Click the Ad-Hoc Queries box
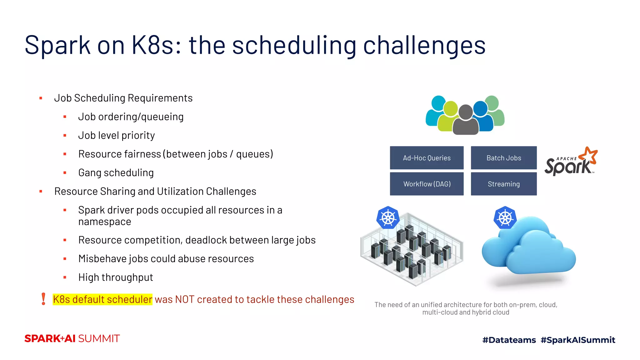pyautogui.click(x=427, y=158)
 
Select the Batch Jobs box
pyautogui.click(x=503, y=158)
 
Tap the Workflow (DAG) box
pyautogui.click(x=427, y=184)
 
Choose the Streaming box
pyautogui.click(x=503, y=184)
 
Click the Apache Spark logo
pyautogui.click(x=571, y=162)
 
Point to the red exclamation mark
pyautogui.click(x=43, y=299)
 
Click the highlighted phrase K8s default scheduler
pyautogui.click(x=102, y=299)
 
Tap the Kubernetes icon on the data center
pyautogui.click(x=388, y=217)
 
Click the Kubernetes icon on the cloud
pyautogui.click(x=505, y=217)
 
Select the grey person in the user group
pyautogui.click(x=466, y=120)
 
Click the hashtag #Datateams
pyautogui.click(x=509, y=340)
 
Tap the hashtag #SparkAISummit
pyautogui.click(x=578, y=340)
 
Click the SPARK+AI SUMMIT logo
pyautogui.click(x=72, y=338)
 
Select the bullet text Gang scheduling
pyautogui.click(x=116, y=172)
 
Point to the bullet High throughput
pyautogui.click(x=116, y=277)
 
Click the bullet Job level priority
pyautogui.click(x=117, y=135)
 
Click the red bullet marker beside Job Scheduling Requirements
pyautogui.click(x=41, y=98)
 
